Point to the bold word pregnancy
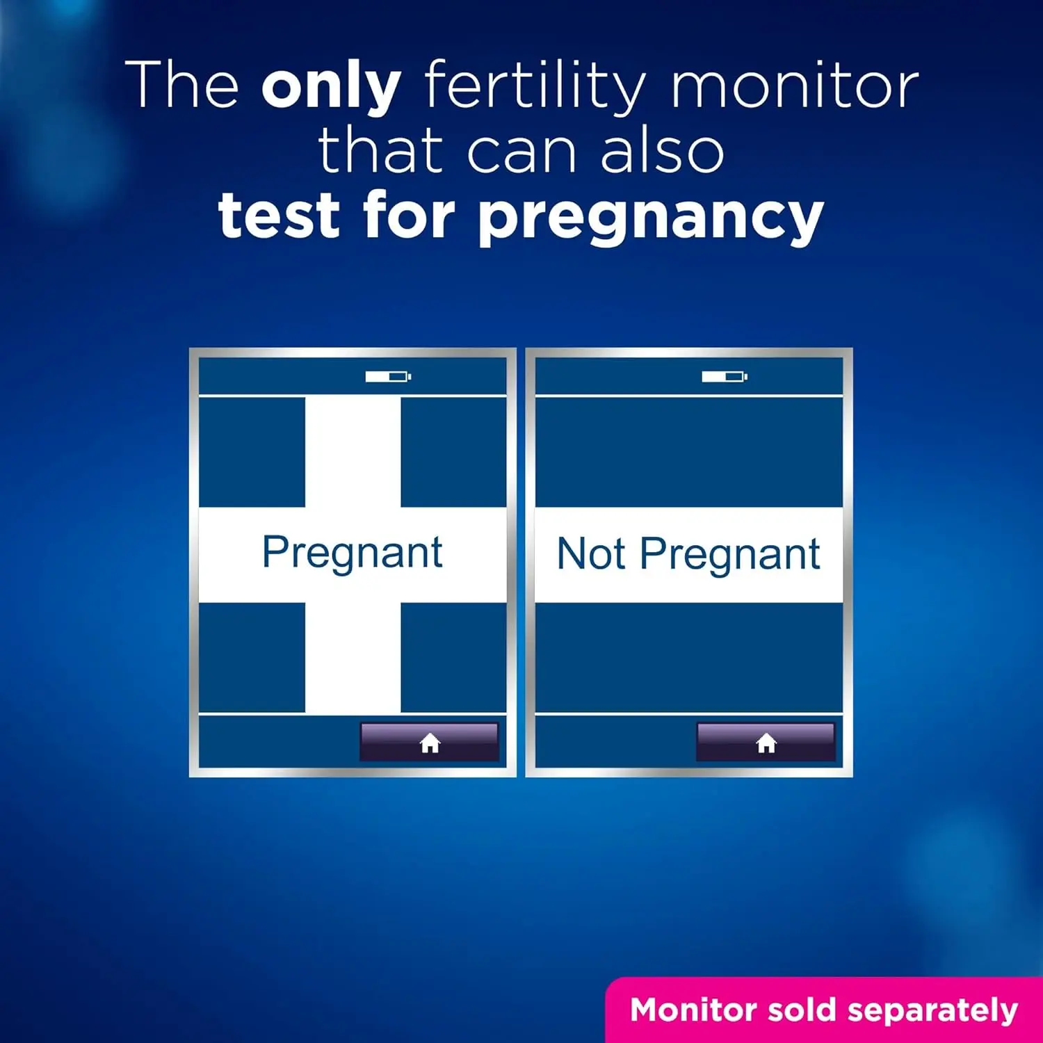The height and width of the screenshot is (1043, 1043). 652,217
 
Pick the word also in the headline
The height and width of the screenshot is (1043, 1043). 662,152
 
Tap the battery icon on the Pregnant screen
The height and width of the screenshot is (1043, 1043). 388,377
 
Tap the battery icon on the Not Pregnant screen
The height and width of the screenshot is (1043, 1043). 724,377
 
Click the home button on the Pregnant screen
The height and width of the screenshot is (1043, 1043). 429,743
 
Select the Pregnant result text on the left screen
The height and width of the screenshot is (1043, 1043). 353,553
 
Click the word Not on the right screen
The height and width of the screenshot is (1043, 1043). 591,554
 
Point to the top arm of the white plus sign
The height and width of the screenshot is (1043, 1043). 353,452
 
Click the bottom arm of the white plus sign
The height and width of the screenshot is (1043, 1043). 353,657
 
